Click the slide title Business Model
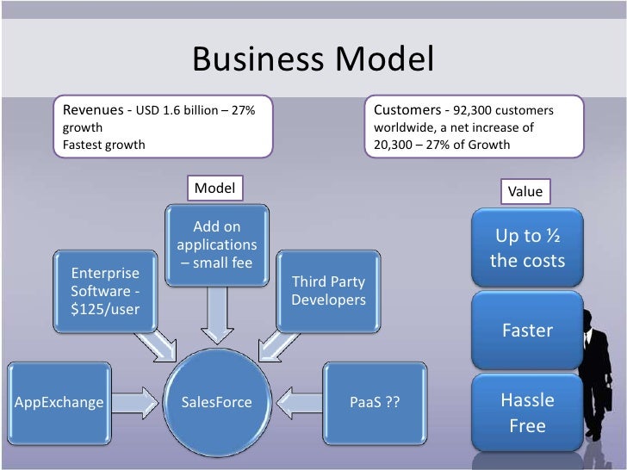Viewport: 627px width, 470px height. tap(313, 59)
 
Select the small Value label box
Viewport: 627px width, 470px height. tap(525, 191)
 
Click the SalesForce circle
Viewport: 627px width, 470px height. tap(215, 402)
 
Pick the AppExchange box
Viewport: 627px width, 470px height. tap(58, 402)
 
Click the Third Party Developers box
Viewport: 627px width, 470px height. tap(328, 291)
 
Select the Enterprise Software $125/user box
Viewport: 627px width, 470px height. tap(104, 291)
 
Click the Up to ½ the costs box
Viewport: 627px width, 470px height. tap(527, 248)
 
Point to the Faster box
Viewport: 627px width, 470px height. tap(527, 331)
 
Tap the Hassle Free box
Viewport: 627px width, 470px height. tap(527, 412)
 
